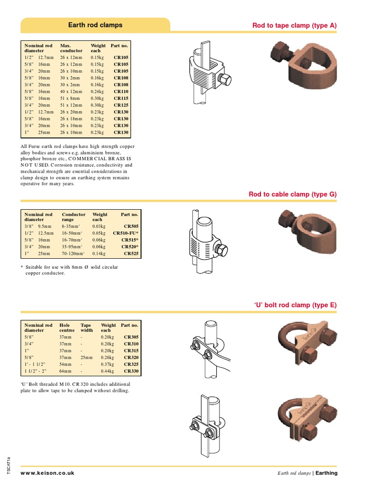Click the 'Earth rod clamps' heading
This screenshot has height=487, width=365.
point(95,25)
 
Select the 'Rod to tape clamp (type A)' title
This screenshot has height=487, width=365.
point(294,25)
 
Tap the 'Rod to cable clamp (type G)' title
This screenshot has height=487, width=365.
point(293,195)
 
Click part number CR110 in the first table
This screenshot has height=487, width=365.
point(121,91)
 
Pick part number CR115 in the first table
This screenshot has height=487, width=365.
point(121,98)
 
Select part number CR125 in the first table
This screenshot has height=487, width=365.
point(121,105)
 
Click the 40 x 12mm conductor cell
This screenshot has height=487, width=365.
point(71,91)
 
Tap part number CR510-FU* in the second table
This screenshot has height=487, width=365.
point(125,234)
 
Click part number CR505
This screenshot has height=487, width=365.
point(131,227)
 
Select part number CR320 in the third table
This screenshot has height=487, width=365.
point(131,358)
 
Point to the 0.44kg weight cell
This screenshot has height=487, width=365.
point(108,371)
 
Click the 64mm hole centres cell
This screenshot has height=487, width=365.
point(66,371)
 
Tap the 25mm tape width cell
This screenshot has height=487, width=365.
point(87,358)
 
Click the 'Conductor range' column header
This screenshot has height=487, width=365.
point(74,217)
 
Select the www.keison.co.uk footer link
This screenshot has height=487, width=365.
point(48,473)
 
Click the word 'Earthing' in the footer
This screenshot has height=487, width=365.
point(326,473)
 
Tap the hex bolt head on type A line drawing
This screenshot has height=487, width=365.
point(226,80)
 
